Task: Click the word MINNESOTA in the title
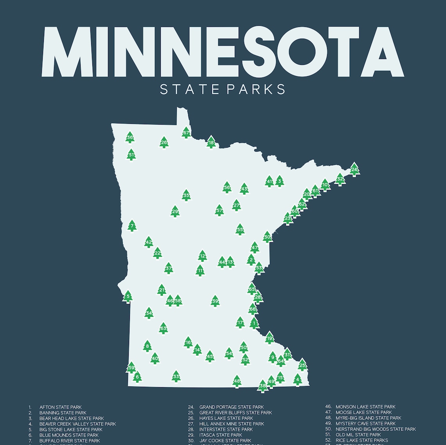pyautogui.click(x=223, y=52)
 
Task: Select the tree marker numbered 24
pyautogui.click(x=354, y=170)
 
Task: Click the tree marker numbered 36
pyautogui.click(x=130, y=138)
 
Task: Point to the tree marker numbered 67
pyautogui.click(x=186, y=133)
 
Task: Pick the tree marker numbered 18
pyautogui.click(x=211, y=142)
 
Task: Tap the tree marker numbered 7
pyautogui.click(x=132, y=226)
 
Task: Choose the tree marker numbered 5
pyautogui.click(x=128, y=297)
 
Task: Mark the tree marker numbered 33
pyautogui.click(x=176, y=377)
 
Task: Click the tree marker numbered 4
pyautogui.click(x=297, y=379)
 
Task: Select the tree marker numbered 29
pyautogui.click(x=175, y=212)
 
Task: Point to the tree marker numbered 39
pyautogui.click(x=215, y=301)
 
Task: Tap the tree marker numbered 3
pyautogui.click(x=279, y=181)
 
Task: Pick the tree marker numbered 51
pyautogui.click(x=131, y=155)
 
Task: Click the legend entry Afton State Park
pyautogui.click(x=60, y=407)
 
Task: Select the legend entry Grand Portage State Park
pyautogui.click(x=231, y=407)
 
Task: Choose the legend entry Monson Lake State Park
pyautogui.click(x=365, y=407)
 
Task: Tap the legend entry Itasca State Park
pyautogui.click(x=220, y=435)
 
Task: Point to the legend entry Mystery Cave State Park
pyautogui.click(x=365, y=424)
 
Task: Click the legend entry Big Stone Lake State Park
pyautogui.click(x=70, y=429)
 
